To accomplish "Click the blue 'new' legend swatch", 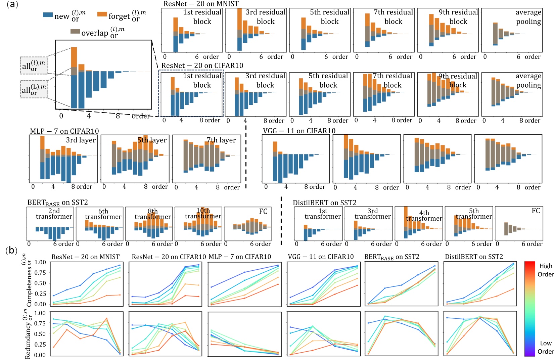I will point(48,15).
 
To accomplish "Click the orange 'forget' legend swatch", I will point(102,14).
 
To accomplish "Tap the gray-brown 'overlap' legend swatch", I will point(75,31).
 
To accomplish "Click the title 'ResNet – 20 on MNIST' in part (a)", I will point(201,4).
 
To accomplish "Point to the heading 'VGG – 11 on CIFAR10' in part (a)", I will point(299,131).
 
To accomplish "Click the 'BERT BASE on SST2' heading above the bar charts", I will point(57,203).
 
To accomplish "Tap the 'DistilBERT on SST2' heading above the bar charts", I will point(324,203).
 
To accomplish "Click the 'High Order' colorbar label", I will point(546,270).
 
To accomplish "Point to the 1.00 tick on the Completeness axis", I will point(40,262).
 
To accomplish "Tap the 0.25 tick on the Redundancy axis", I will point(40,344).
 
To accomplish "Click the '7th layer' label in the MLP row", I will point(221,140).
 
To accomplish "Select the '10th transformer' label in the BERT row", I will point(203,213).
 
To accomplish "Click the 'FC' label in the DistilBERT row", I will point(536,211).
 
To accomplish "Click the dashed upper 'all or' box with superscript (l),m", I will point(34,65).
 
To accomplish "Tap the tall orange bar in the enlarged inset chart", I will point(74,57).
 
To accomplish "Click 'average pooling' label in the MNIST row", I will point(528,17).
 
